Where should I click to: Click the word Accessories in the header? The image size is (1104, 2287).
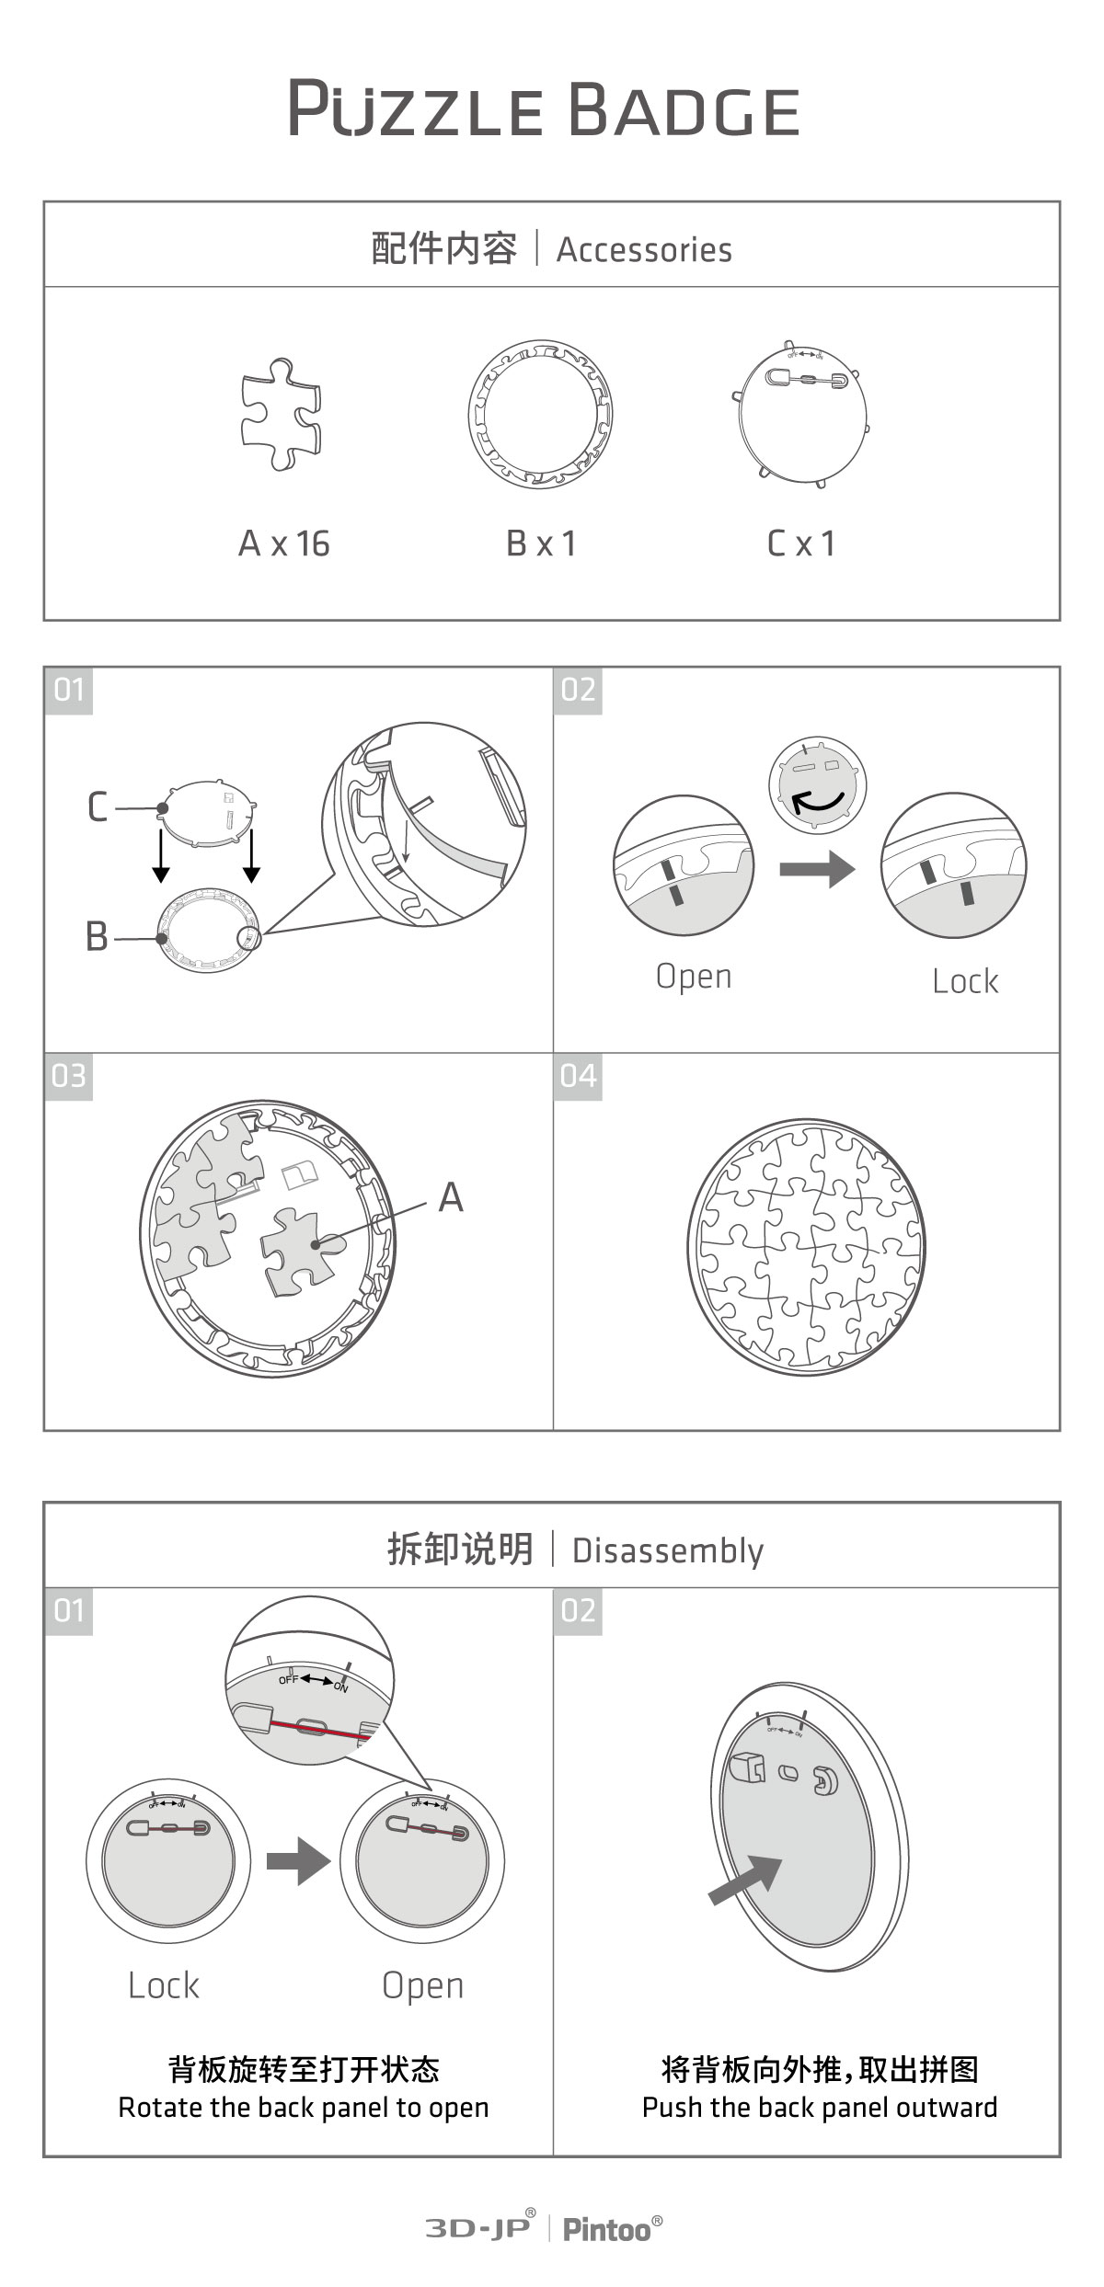(644, 250)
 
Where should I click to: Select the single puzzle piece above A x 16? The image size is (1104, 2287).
(282, 414)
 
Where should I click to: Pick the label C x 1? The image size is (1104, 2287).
(801, 543)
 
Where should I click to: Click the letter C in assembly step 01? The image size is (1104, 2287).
(98, 807)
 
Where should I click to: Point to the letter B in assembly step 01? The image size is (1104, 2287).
(97, 937)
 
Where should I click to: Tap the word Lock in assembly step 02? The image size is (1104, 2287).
(964, 981)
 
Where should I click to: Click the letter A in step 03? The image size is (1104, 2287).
(450, 1197)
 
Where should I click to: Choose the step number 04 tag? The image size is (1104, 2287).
(578, 1076)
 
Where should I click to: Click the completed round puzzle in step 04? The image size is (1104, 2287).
(806, 1247)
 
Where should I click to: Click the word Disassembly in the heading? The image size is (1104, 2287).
(667, 1550)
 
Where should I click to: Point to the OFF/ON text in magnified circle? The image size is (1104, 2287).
(314, 1682)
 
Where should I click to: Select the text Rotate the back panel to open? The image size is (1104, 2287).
(304, 2107)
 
